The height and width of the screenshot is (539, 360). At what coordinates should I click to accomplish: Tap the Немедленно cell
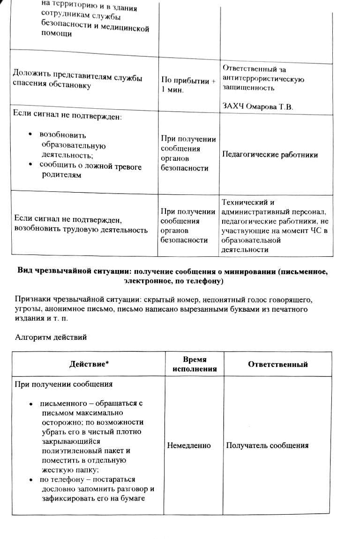(189, 445)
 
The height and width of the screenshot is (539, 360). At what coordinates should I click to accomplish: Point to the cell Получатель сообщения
(267, 445)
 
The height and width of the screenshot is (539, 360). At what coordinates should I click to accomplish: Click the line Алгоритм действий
(51, 337)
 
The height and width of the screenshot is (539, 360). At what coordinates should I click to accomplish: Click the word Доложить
(31, 74)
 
